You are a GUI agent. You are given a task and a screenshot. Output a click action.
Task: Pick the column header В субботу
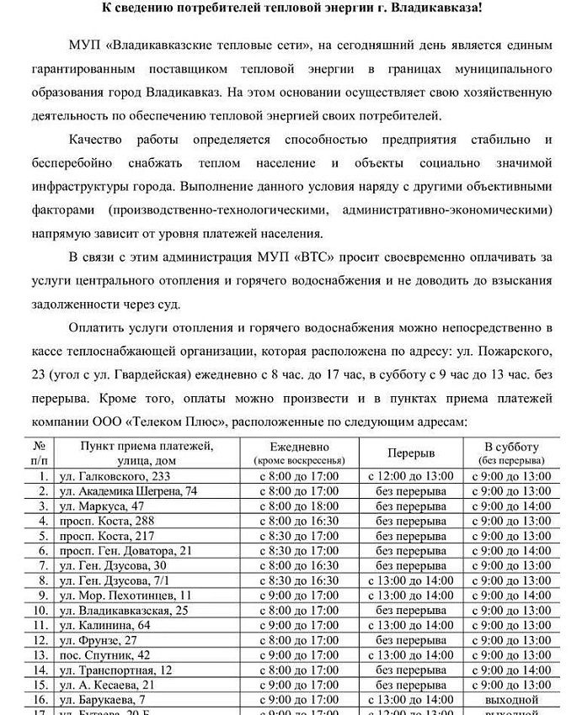(511, 447)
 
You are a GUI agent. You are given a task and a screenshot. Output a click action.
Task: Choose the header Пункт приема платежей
(147, 447)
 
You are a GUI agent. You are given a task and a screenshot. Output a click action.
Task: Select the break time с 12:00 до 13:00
(411, 476)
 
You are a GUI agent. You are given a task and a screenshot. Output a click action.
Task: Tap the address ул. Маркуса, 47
(102, 506)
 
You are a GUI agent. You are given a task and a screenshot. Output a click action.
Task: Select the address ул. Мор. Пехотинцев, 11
(131, 596)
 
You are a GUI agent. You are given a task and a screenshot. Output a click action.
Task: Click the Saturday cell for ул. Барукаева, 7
(511, 700)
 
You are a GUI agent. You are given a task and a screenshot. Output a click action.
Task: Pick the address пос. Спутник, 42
(104, 654)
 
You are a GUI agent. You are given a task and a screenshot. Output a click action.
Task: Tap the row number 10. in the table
(40, 611)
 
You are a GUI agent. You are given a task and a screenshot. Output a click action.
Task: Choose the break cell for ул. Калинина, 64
(411, 625)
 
